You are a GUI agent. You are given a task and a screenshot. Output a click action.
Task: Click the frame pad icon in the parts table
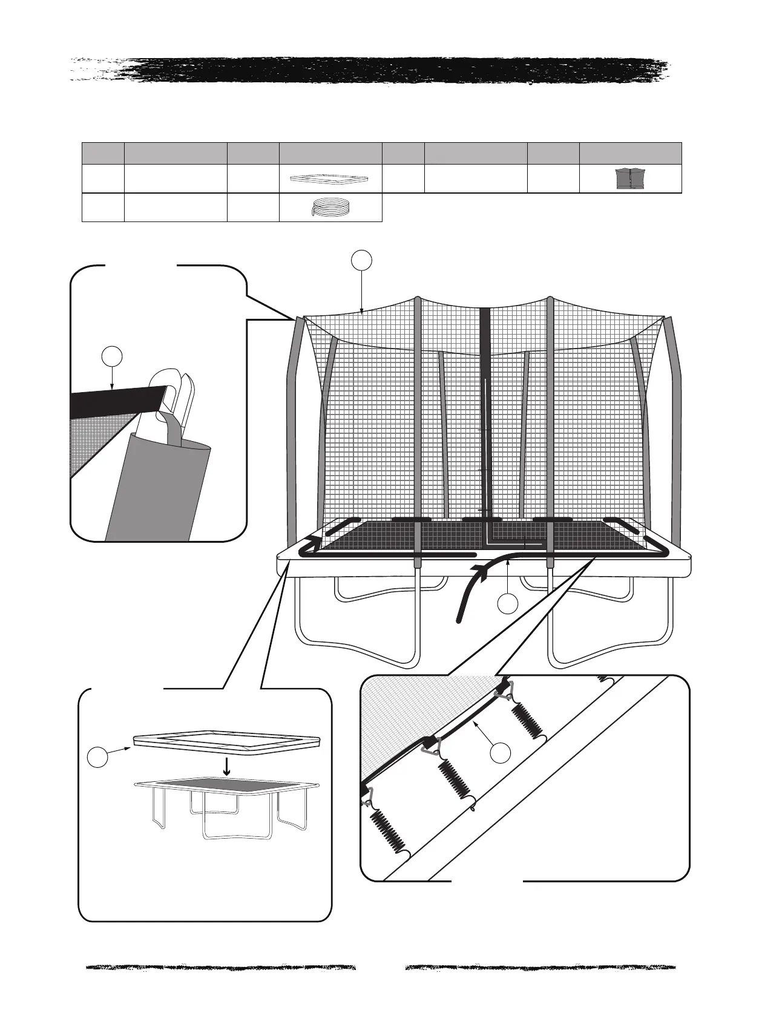330,179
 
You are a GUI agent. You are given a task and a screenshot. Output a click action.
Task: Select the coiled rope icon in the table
330,208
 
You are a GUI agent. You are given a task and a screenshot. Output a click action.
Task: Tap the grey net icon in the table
631,179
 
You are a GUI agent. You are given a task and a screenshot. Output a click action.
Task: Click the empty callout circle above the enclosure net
361,260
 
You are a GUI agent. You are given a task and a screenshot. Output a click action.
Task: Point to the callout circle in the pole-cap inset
112,356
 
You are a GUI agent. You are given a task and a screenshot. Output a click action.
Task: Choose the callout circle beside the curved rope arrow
508,603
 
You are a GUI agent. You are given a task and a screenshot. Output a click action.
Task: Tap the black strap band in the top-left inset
115,401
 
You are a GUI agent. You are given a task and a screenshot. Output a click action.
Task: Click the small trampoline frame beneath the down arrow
227,805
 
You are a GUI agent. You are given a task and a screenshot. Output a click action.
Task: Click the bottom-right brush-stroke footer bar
540,967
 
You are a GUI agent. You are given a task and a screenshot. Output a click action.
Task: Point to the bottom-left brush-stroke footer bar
221,967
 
